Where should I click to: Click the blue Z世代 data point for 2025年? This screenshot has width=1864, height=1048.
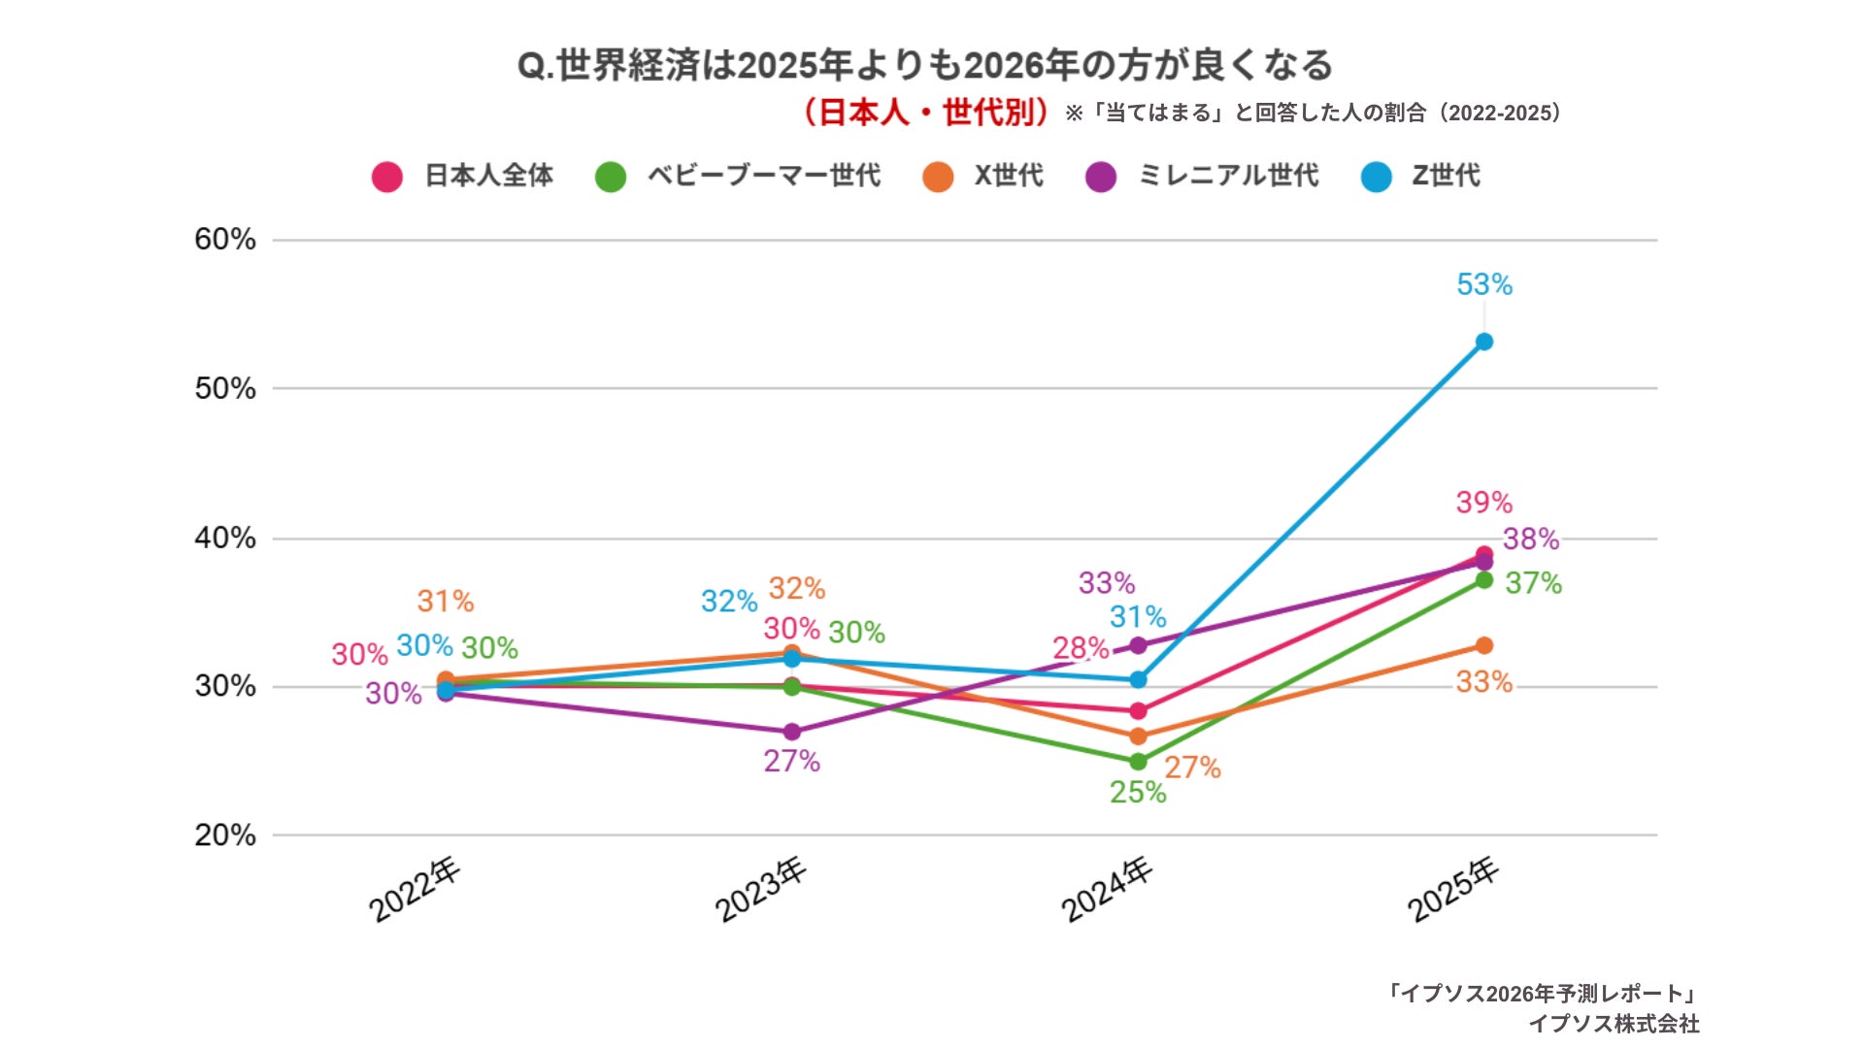(x=1483, y=342)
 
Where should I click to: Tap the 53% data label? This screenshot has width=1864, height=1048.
(x=1483, y=284)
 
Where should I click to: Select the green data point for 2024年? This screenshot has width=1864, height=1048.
(x=1138, y=762)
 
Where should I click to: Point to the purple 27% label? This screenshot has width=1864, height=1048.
(x=791, y=761)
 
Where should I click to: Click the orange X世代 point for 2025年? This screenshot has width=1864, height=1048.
(x=1483, y=645)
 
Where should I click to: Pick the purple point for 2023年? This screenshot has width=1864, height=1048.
(x=791, y=732)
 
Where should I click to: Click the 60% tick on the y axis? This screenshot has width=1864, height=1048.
(x=225, y=240)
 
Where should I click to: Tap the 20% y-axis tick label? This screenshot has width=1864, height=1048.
(x=225, y=835)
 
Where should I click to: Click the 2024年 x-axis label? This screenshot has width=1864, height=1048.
(x=1107, y=889)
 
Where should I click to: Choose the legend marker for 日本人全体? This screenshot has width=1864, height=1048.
(x=387, y=177)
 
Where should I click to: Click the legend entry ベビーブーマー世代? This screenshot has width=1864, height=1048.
(x=763, y=176)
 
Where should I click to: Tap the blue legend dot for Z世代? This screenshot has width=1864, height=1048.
(x=1376, y=177)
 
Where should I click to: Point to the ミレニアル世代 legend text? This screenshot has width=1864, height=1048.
(x=1228, y=176)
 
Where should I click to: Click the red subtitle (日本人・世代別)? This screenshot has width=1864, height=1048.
(x=925, y=113)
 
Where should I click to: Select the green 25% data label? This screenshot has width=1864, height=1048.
(x=1138, y=792)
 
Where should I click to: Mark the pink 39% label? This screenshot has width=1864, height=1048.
(x=1483, y=503)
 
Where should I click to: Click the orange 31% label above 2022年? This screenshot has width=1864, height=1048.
(x=446, y=602)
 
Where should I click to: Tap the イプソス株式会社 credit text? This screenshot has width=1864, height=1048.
(x=1614, y=1024)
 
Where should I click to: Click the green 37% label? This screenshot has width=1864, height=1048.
(x=1533, y=583)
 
